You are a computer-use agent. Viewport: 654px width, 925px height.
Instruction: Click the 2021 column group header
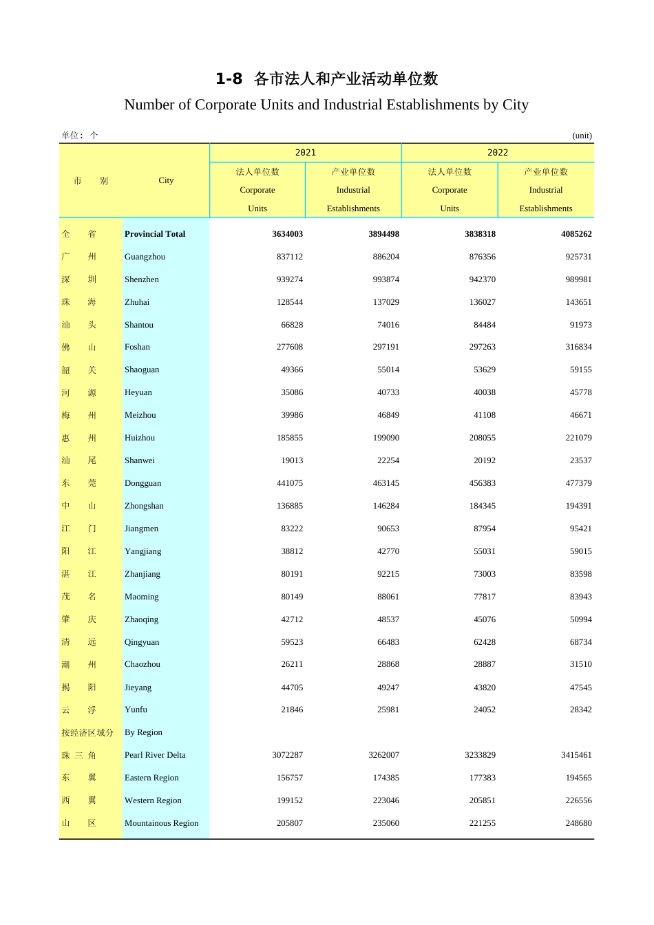[305, 153]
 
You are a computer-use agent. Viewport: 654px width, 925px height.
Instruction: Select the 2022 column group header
[497, 153]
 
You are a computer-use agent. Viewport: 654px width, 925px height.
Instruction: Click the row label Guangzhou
[145, 257]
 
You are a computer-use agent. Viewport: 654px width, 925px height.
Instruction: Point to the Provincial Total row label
[155, 234]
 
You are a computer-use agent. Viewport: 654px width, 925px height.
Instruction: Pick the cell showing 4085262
[576, 234]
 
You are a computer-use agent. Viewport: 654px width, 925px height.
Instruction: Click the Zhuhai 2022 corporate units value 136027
[481, 302]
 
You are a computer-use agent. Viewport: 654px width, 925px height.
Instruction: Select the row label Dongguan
[143, 483]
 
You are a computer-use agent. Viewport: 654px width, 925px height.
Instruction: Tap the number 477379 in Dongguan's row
[578, 483]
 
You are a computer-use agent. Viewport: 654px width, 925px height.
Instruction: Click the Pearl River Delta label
[155, 755]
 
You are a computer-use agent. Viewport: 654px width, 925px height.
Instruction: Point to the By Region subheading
[143, 732]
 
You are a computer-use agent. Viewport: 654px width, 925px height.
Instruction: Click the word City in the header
[166, 180]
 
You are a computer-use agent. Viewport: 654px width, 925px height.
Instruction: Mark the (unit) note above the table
[582, 136]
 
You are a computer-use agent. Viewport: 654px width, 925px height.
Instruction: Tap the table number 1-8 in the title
[229, 79]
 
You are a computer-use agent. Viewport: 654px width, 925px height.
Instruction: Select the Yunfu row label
[136, 710]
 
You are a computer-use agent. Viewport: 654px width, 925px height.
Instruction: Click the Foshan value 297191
[386, 347]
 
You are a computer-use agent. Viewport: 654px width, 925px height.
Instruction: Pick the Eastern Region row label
[151, 778]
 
